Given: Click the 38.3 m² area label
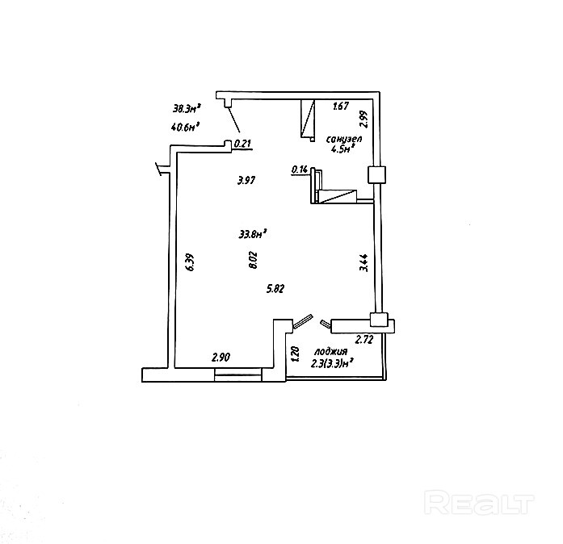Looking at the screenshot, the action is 187,107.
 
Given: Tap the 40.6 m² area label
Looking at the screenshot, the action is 186,126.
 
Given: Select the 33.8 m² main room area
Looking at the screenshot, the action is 253,235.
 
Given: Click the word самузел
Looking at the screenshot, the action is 344,140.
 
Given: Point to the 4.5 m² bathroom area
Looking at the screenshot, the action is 343,149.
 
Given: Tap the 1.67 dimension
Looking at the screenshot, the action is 341,106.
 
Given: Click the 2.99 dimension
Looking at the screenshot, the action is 364,119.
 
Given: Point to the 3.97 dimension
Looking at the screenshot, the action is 246,181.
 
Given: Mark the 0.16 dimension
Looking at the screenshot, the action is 300,169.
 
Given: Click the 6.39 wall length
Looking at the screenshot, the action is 189,263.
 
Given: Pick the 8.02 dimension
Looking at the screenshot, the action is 254,259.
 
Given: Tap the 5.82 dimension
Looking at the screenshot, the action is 275,287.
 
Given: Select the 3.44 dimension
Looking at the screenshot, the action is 364,264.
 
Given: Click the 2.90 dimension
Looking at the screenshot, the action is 221,357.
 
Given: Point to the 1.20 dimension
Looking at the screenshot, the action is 296,354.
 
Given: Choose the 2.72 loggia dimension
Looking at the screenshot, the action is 363,340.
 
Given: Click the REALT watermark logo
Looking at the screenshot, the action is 479,504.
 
